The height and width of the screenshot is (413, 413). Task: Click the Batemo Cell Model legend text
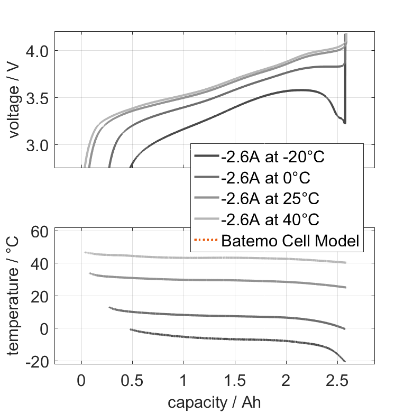[x=290, y=241]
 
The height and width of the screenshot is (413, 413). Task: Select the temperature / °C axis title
[x=14, y=295]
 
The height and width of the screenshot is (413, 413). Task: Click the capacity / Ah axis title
[x=214, y=402]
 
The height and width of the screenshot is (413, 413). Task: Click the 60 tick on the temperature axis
[x=39, y=231]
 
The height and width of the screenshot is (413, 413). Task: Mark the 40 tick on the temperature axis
[x=39, y=263]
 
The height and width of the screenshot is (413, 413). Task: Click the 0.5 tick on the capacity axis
[x=132, y=381]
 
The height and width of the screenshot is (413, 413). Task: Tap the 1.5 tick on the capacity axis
[x=235, y=381]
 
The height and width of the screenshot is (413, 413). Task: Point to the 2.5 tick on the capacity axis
[x=337, y=381]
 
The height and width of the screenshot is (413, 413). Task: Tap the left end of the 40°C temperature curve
[x=85, y=253]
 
